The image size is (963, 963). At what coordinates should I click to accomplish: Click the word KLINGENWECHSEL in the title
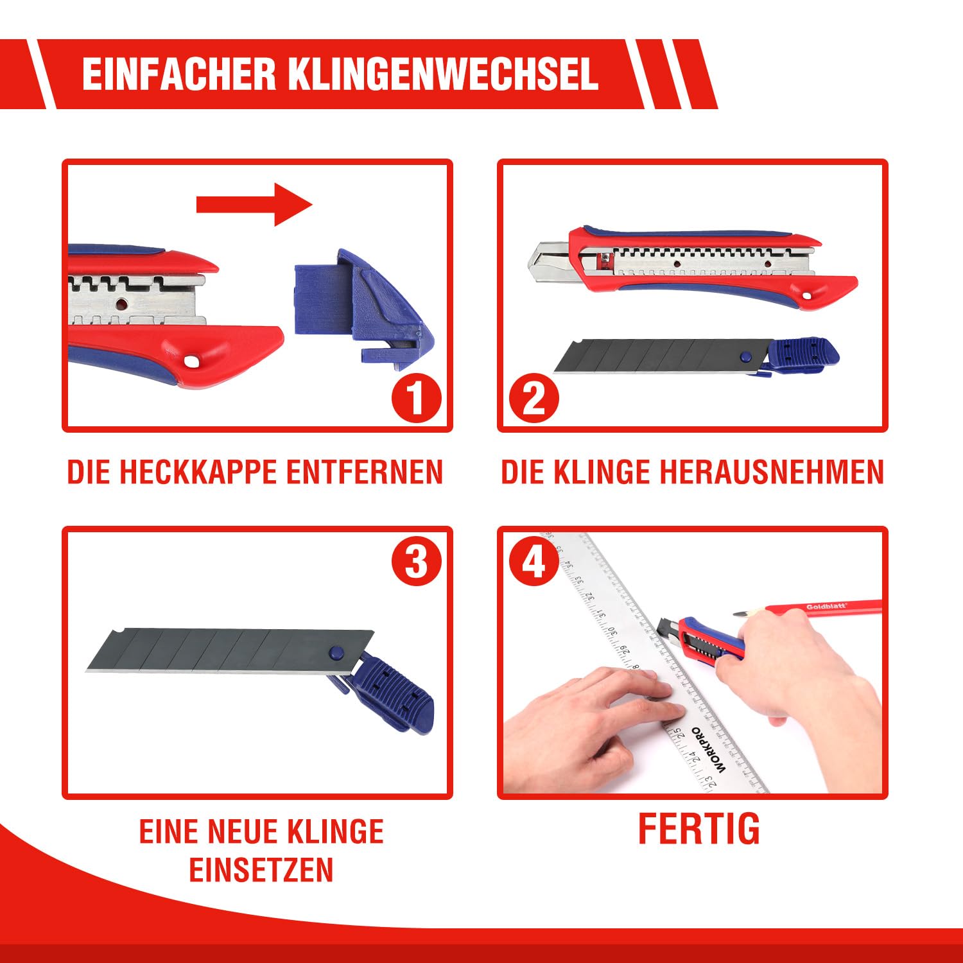pos(442,74)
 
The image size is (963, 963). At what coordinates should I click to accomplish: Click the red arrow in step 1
pos(254,204)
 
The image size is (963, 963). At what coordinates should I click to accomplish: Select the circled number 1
pos(417,397)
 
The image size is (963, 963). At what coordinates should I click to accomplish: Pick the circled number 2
pos(534,397)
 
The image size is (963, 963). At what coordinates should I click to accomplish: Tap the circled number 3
pos(417,562)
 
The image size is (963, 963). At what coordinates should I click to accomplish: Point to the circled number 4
pos(534,562)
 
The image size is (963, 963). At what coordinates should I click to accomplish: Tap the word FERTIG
pos(698,829)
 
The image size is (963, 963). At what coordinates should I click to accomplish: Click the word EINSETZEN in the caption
pos(261,870)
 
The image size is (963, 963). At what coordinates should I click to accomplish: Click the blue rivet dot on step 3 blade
pos(335,653)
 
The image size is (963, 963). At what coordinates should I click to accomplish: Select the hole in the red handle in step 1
pos(191,361)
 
